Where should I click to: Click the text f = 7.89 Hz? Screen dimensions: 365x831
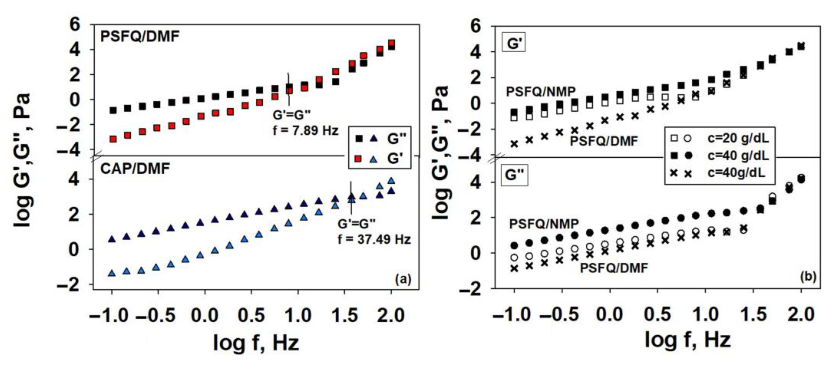pyautogui.click(x=306, y=131)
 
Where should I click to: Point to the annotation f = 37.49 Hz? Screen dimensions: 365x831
pyautogui.click(x=374, y=239)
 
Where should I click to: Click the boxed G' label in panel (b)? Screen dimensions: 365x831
pyautogui.click(x=514, y=43)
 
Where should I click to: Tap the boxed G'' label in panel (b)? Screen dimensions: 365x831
pyautogui.click(x=514, y=175)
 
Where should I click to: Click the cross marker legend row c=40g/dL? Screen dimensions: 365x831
pyautogui.click(x=736, y=173)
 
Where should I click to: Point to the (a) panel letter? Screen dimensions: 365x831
pyautogui.click(x=403, y=279)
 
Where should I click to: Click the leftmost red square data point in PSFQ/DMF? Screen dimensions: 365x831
pyautogui.click(x=113, y=139)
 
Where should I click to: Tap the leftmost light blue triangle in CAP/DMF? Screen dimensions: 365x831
pyautogui.click(x=112, y=274)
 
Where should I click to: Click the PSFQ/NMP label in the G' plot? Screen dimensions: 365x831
pyautogui.click(x=541, y=92)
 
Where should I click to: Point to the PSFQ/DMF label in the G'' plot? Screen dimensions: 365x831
pyautogui.click(x=614, y=268)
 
